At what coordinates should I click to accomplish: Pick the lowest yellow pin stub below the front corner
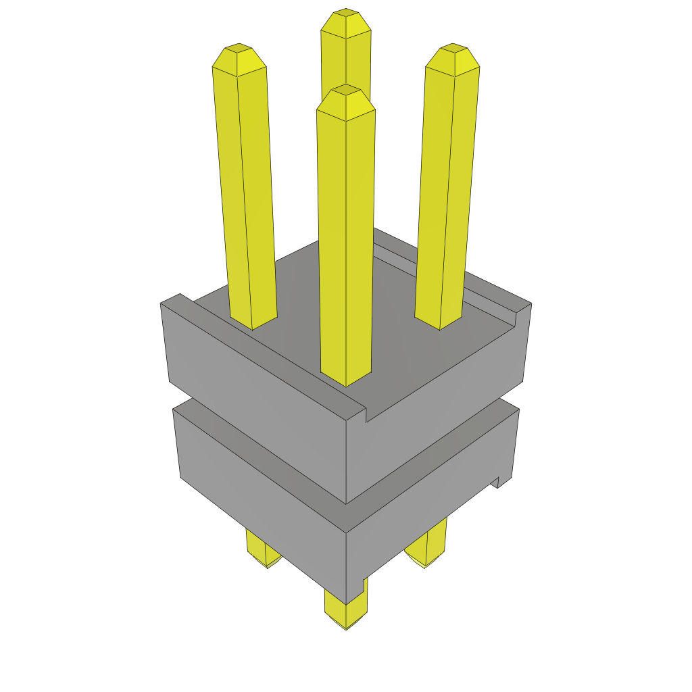point(346,612)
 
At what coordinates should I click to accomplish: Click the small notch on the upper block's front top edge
point(366,414)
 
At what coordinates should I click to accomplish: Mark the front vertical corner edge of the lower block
point(346,568)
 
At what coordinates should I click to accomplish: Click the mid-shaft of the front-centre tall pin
point(346,237)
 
